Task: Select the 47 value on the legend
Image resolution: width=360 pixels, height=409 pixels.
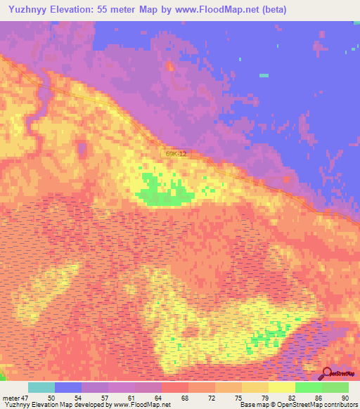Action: coord(25,397)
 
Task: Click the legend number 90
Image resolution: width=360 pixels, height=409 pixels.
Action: coord(345,397)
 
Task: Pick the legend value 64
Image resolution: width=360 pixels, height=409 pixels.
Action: coord(158,397)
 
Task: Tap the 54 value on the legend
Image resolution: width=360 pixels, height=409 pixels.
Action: coord(78,397)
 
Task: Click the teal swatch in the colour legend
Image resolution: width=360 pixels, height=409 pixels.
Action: coord(41,387)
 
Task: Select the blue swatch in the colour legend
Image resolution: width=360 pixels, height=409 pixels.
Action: coord(68,387)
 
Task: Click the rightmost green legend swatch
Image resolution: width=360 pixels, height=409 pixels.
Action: coord(335,387)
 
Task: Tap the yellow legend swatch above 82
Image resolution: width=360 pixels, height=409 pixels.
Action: coord(282,387)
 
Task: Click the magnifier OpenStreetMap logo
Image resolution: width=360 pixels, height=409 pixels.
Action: coord(327,373)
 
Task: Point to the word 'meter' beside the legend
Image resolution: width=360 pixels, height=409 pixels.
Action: coord(11,397)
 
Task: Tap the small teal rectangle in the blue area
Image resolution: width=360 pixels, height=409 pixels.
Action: coord(264,75)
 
